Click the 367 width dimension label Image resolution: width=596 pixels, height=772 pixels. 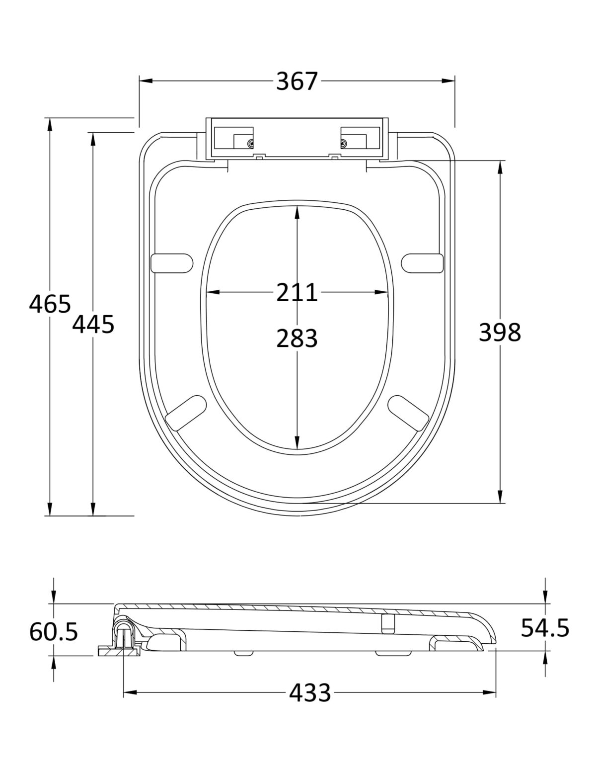pos(297,82)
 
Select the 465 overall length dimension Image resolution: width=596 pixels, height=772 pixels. pos(50,304)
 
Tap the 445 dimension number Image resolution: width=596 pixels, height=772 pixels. pos(93,325)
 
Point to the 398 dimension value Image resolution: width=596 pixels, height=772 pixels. pos(500,332)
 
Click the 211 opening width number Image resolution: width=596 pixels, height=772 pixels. pos(297,292)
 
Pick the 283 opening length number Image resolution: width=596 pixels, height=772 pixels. pos(297,338)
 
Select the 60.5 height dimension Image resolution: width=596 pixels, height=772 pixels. pos(53,631)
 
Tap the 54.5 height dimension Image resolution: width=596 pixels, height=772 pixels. pos(545,627)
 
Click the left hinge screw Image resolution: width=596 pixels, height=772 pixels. pos(251,144)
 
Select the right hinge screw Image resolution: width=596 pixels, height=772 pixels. pos(344,144)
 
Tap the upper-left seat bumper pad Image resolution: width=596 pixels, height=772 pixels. pos(172,263)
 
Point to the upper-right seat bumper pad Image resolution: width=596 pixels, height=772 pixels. pos(422,263)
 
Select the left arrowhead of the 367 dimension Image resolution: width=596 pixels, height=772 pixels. pos(146,81)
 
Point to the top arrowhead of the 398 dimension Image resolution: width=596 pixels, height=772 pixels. pos(500,167)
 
